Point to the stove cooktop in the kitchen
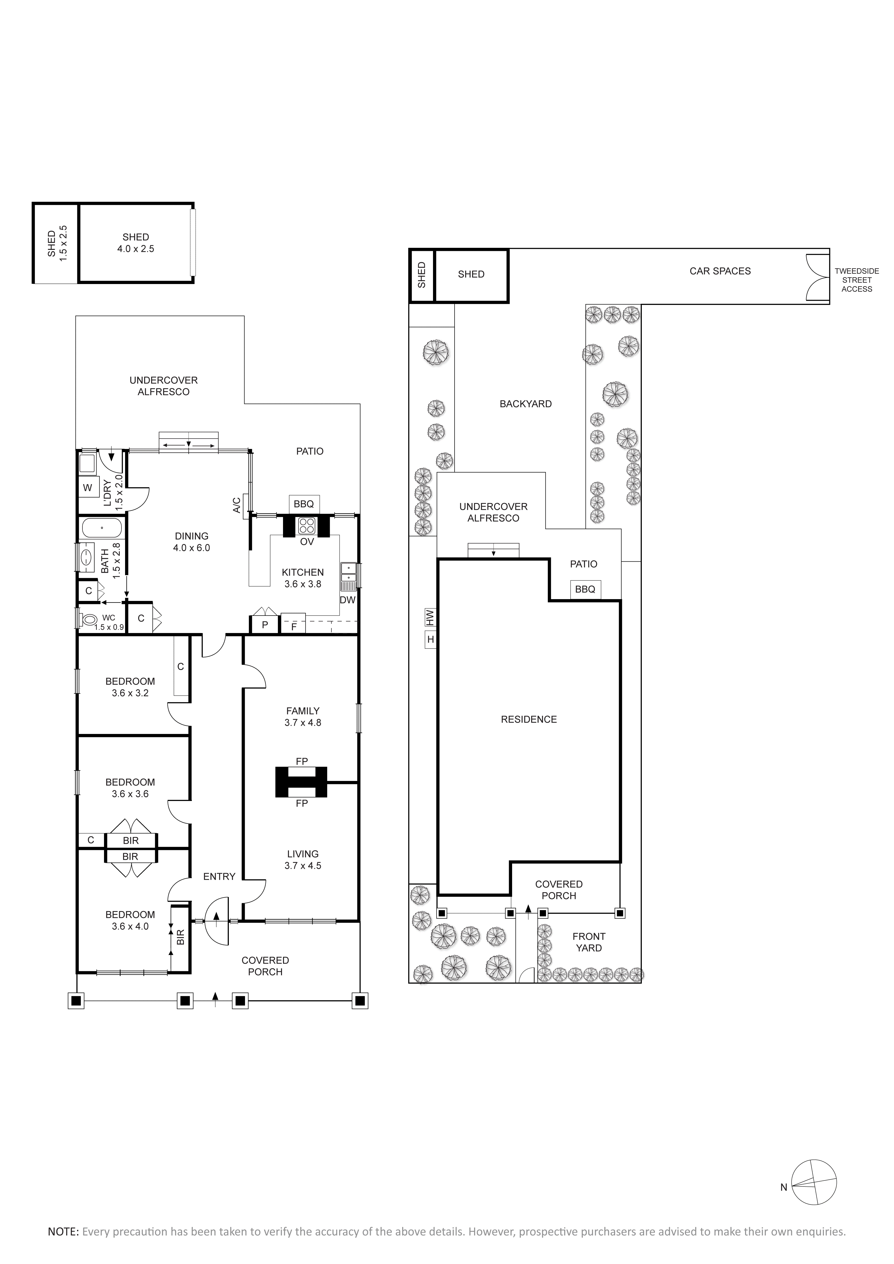click(307, 526)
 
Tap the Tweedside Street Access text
click(857, 280)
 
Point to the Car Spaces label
click(720, 271)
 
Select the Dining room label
click(192, 536)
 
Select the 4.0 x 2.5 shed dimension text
click(135, 249)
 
